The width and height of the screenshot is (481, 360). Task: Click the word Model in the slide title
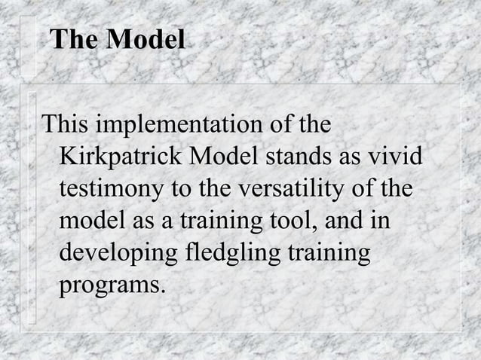click(x=145, y=40)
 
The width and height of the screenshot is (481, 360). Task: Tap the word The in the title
click(x=75, y=40)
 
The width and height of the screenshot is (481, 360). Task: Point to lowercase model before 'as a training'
click(x=90, y=221)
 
